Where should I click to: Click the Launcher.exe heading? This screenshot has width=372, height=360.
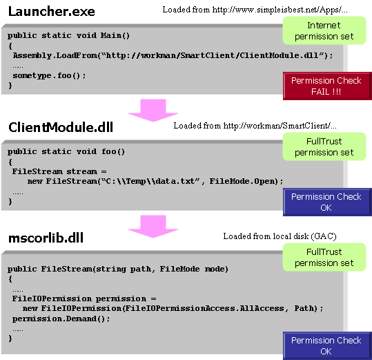click(x=52, y=11)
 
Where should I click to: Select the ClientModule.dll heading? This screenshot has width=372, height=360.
click(x=61, y=127)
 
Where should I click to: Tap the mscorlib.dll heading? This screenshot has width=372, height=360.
click(x=46, y=238)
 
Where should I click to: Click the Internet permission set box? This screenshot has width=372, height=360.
click(x=324, y=30)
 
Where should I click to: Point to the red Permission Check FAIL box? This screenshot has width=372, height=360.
click(x=327, y=86)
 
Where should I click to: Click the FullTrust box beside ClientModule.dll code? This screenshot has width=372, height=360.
click(x=324, y=146)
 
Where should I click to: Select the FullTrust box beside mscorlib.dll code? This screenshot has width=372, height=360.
click(x=324, y=257)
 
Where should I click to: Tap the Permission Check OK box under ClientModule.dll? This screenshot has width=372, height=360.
click(x=327, y=202)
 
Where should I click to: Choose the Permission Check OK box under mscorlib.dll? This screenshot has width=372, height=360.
click(x=327, y=345)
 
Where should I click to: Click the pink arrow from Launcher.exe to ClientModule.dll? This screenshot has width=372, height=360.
click(x=153, y=110)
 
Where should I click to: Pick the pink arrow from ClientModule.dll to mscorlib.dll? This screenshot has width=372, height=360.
click(x=153, y=227)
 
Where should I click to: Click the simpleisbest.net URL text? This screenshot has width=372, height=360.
click(x=280, y=10)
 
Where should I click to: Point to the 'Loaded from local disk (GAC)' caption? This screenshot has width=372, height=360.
click(x=280, y=236)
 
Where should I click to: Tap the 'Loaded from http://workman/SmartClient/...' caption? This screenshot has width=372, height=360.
click(x=255, y=125)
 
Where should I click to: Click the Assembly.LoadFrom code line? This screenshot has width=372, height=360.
click(x=173, y=55)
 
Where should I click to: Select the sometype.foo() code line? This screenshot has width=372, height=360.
click(x=49, y=76)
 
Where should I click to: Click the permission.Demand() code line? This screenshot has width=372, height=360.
click(x=61, y=319)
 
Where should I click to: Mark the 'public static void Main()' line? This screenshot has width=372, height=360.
click(x=68, y=36)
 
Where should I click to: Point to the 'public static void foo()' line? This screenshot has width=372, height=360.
click(x=66, y=151)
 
